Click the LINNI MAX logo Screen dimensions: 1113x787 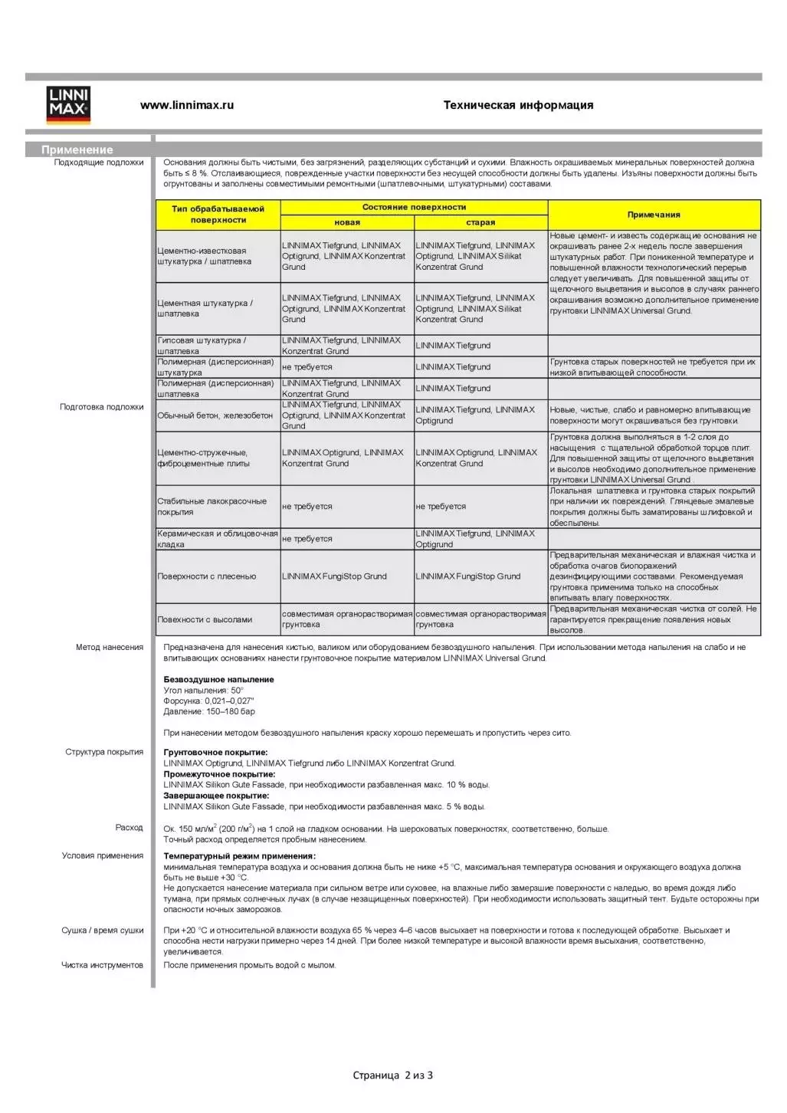[68, 105]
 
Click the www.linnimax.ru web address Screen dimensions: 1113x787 [187, 105]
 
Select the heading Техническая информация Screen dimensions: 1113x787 [518, 105]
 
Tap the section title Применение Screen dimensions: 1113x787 [77, 149]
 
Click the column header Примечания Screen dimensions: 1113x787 [654, 215]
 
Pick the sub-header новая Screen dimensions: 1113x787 [347, 222]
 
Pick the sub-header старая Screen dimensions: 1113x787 [480, 222]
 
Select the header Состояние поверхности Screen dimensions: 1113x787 [414, 207]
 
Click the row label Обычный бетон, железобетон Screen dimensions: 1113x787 [215, 415]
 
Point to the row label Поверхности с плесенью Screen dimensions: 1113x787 [207, 576]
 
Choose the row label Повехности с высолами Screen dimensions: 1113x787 [205, 619]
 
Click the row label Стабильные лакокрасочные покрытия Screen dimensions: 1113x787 [212, 507]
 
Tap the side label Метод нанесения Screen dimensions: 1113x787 [110, 647]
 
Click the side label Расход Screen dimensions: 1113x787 [130, 828]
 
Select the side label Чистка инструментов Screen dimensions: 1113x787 [103, 965]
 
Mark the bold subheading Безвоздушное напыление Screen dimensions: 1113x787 [218, 679]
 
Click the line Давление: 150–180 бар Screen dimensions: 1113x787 [209, 711]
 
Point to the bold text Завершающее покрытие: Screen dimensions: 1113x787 [216, 796]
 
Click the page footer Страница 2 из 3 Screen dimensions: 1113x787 [392, 1075]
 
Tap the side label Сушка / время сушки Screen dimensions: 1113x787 [103, 931]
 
